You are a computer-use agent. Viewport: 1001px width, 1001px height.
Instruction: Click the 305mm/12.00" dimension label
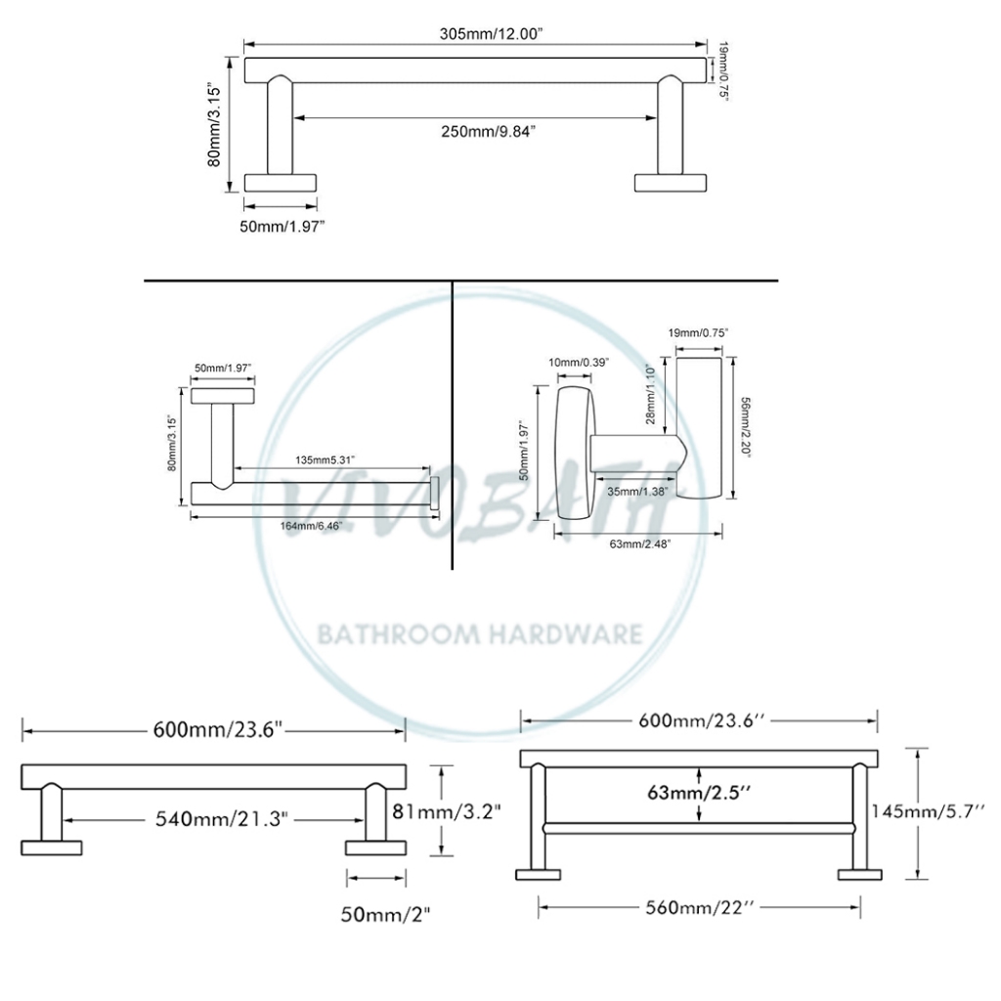coord(491,34)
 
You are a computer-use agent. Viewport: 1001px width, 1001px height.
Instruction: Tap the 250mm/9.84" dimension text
coord(489,132)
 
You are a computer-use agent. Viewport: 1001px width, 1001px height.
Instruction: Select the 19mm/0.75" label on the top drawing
coord(723,70)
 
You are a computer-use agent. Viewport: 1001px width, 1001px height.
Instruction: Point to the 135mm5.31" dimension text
coord(325,459)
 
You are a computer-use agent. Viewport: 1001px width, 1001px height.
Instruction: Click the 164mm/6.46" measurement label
coord(312,526)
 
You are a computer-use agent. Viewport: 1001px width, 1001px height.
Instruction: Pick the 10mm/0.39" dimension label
coord(579,363)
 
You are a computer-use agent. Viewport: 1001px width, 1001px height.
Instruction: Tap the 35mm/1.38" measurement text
coord(637,492)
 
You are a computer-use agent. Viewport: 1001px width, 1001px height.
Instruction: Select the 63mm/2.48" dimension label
coord(640,544)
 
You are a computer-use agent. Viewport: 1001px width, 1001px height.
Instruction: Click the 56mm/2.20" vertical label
coord(745,426)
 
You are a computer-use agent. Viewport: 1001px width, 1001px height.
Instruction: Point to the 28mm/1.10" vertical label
coord(650,395)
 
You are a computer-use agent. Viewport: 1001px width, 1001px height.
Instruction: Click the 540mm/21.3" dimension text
coord(222,818)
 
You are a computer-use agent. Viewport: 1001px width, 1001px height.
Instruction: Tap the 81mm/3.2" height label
coord(446,811)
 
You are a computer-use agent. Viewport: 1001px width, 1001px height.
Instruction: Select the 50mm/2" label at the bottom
coord(385,914)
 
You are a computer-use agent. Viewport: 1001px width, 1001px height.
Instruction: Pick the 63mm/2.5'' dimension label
coord(699,792)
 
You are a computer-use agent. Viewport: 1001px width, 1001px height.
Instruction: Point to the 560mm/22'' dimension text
coord(700,907)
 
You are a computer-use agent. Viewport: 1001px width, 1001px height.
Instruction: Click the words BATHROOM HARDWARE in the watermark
coord(480,634)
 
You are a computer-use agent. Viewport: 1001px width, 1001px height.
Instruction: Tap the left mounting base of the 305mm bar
coord(281,183)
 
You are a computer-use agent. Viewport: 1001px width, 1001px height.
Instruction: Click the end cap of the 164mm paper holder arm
coord(435,493)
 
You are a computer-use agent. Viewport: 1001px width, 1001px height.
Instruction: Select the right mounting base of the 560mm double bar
coord(860,875)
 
